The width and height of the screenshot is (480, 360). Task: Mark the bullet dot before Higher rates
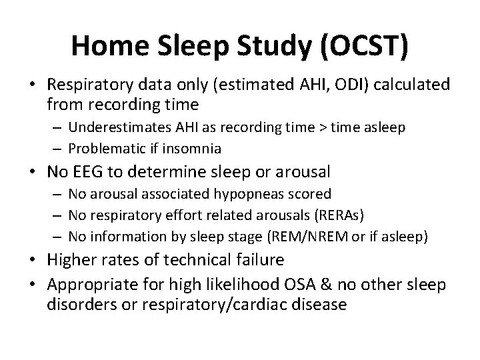(37, 259)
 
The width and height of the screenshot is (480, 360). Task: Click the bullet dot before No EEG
(37, 173)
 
